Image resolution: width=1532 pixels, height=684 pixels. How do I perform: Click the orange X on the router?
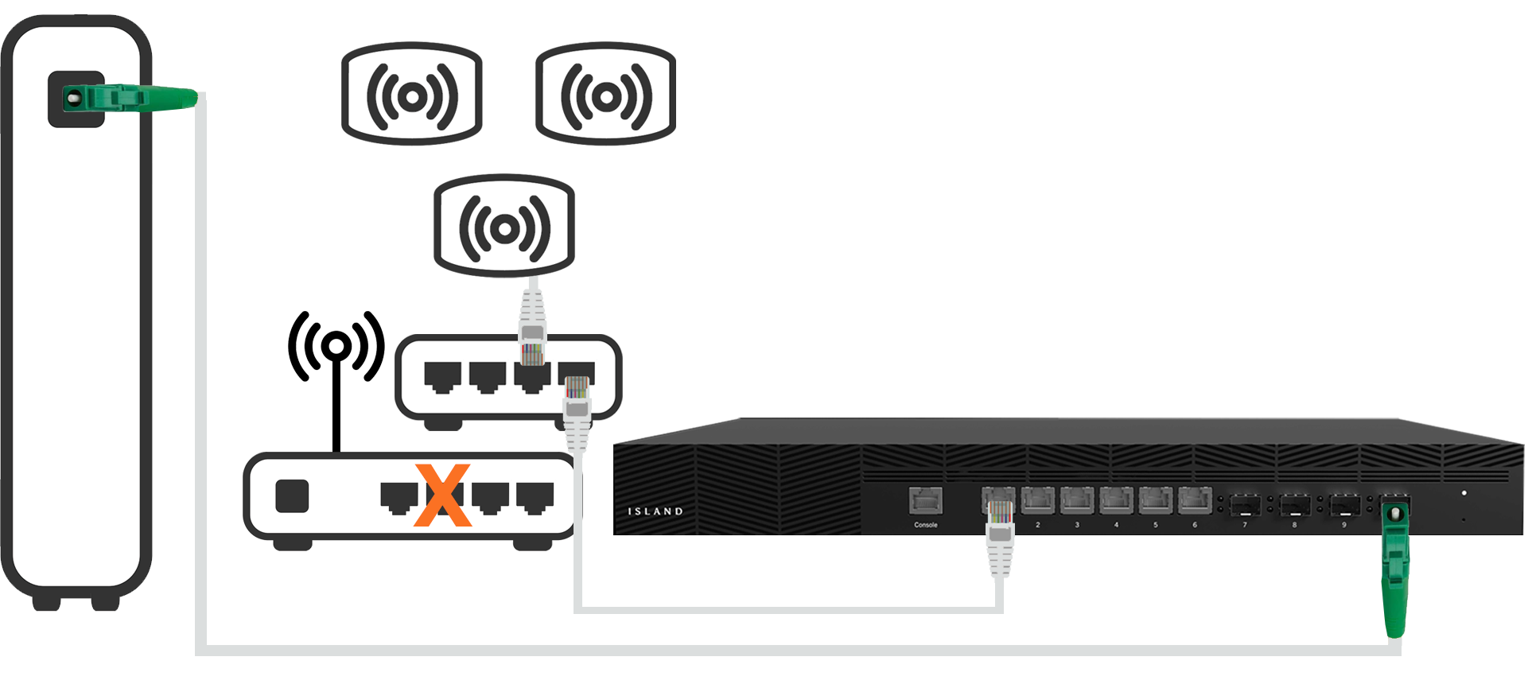(x=443, y=497)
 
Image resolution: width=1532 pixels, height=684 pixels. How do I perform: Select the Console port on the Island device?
(x=925, y=501)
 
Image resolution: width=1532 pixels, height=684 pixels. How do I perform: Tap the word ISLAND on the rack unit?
(x=655, y=511)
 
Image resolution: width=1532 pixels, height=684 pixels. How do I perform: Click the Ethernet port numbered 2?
(x=1037, y=501)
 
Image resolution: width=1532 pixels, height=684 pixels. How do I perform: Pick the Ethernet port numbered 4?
(x=1115, y=501)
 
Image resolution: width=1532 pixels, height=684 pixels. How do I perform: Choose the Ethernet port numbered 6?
(x=1193, y=501)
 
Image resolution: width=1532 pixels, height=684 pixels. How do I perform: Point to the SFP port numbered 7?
(x=1245, y=505)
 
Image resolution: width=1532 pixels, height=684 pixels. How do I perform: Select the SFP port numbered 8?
(x=1294, y=505)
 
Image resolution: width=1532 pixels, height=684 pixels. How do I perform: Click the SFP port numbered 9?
(x=1343, y=505)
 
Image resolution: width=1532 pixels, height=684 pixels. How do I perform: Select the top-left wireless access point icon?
(x=411, y=95)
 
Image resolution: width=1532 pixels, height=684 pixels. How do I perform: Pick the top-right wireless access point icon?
(x=606, y=95)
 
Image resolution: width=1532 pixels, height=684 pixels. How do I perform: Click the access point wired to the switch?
(x=504, y=228)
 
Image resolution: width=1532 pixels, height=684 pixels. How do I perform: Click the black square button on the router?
(x=292, y=496)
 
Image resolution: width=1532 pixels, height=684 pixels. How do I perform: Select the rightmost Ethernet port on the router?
(x=535, y=497)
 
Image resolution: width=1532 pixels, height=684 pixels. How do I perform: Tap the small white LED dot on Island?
(x=1464, y=493)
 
